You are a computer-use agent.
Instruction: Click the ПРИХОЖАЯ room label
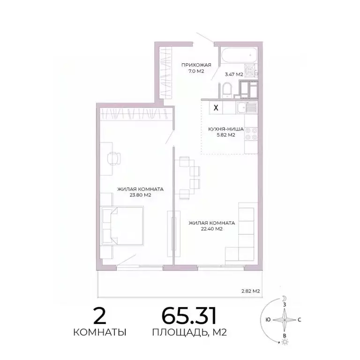pyautogui.click(x=196, y=65)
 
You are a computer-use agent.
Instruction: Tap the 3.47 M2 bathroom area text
pyautogui.click(x=233, y=74)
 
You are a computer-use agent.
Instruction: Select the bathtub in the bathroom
pyautogui.click(x=239, y=56)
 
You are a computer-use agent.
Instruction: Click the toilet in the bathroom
pyautogui.click(x=227, y=89)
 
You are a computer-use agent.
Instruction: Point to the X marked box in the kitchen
pyautogui.click(x=216, y=107)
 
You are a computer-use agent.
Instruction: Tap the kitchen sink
pyautogui.click(x=245, y=108)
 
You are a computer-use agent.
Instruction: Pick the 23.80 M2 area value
pyautogui.click(x=140, y=195)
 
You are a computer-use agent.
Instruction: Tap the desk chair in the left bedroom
pyautogui.click(x=112, y=158)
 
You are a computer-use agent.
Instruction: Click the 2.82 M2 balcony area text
pyautogui.click(x=250, y=291)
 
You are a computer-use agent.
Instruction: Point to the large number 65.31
pyautogui.click(x=189, y=316)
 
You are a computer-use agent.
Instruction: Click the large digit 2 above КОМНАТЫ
pyautogui.click(x=99, y=317)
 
